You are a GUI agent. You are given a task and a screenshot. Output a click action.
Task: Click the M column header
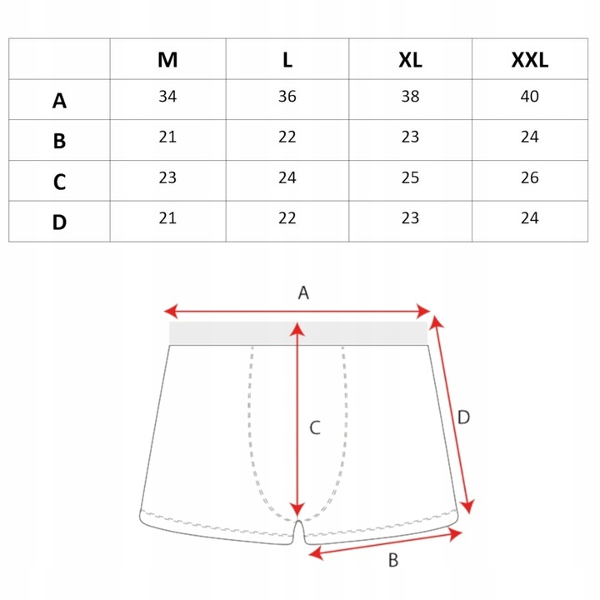point(167,60)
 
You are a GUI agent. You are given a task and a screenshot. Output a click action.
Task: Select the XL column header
point(410,60)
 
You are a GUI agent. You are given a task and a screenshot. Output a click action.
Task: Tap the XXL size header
point(530,60)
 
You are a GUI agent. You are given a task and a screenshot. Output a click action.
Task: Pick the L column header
point(287,60)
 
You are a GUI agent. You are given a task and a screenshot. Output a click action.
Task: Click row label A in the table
point(59,101)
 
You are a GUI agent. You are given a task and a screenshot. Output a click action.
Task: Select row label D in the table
point(59,222)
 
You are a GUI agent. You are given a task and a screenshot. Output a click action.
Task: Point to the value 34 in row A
point(167,96)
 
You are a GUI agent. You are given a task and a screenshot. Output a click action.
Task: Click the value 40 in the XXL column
point(530,96)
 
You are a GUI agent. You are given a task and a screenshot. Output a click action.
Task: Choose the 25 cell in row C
point(410,177)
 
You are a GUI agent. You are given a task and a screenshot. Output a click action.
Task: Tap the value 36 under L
point(287,96)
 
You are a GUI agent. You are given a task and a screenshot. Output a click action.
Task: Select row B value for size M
point(167,137)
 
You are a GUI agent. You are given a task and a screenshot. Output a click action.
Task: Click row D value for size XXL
point(530,218)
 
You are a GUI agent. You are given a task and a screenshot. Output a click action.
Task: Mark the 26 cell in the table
point(530,177)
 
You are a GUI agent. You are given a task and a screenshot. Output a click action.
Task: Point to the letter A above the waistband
point(303,292)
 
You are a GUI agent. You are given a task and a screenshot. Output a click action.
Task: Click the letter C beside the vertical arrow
point(315,427)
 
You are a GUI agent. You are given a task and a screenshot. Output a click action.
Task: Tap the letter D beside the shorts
point(463,417)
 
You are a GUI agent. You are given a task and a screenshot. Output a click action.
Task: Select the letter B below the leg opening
point(393,560)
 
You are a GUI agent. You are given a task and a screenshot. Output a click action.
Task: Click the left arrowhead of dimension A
point(171,311)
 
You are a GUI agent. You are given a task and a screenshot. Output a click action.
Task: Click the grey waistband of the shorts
point(298,333)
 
